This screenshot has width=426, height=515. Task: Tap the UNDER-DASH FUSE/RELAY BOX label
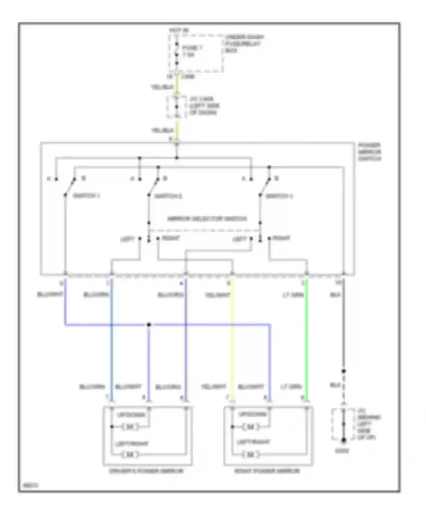coord(244,43)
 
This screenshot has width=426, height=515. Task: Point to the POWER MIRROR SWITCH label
coord(369,152)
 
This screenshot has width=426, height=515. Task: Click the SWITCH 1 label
coord(86,196)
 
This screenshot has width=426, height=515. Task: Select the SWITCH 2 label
coord(168,196)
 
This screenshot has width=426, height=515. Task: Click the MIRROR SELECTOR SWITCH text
coord(207,219)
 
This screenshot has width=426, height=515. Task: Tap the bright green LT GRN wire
coord(307,341)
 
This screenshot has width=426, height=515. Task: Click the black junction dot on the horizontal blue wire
coord(149,325)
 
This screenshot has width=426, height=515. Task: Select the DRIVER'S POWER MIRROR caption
coord(147,471)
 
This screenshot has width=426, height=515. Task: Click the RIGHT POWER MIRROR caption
coord(267,471)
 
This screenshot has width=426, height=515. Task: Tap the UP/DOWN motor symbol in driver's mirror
coord(130,426)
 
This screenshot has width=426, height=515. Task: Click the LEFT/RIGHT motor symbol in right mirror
coord(250,455)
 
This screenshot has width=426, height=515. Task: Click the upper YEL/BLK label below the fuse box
coord(162,87)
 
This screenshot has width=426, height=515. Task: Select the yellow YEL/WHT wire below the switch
coord(232,341)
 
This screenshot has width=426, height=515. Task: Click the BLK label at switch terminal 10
coord(335,295)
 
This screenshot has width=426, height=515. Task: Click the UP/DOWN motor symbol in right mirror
coord(250,426)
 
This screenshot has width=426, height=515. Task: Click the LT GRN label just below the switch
coord(293,295)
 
